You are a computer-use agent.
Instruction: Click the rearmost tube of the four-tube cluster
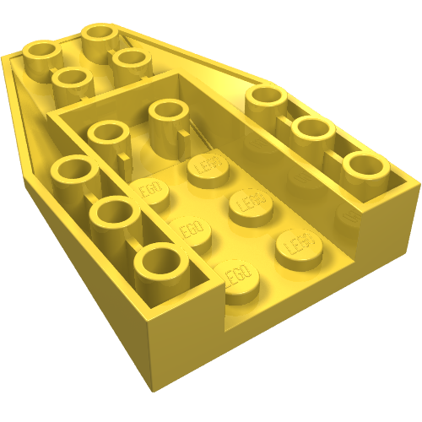100,36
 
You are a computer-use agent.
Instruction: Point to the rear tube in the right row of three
268,102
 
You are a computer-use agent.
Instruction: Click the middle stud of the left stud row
190,230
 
